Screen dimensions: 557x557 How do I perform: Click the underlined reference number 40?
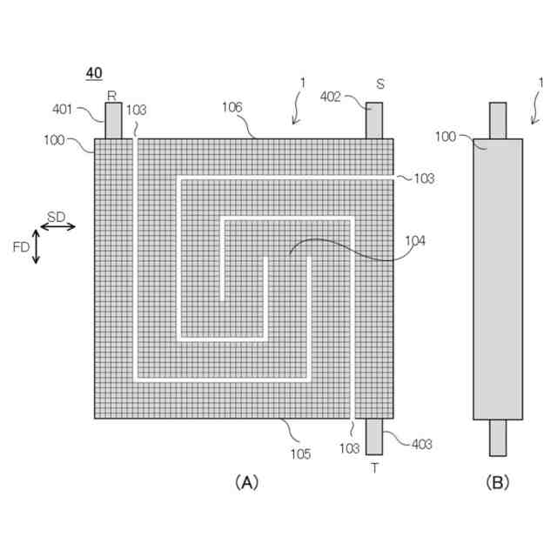(x=94, y=74)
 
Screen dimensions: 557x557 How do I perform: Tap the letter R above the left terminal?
(x=111, y=95)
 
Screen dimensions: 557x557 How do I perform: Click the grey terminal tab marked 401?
(x=114, y=120)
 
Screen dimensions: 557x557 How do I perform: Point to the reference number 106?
(x=232, y=107)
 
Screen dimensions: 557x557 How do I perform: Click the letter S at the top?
(x=380, y=84)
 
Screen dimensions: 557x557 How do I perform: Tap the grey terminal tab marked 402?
(x=374, y=120)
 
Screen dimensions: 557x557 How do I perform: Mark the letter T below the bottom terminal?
(x=374, y=467)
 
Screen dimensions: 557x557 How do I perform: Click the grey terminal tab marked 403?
(x=374, y=436)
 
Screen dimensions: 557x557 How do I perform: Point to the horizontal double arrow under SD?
(x=57, y=226)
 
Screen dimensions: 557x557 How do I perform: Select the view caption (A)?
(x=246, y=481)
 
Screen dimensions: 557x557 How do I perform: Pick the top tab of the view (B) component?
(x=497, y=120)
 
